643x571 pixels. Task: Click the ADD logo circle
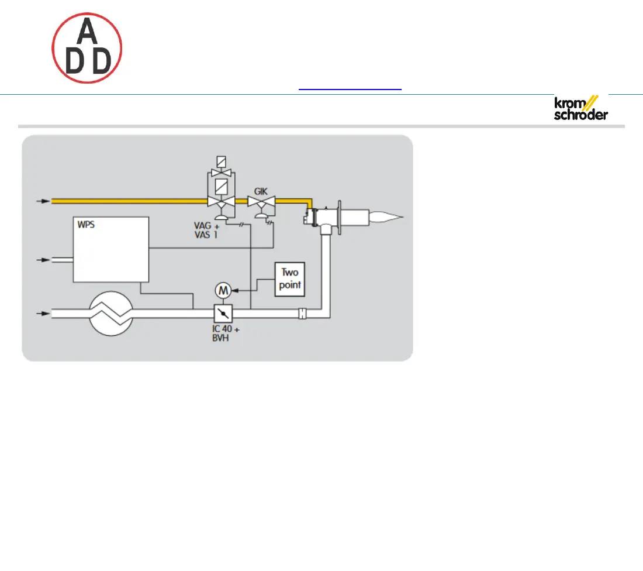[87, 48]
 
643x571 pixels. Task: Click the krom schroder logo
[580, 108]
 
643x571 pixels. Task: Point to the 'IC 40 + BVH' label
[226, 333]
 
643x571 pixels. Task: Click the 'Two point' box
[290, 280]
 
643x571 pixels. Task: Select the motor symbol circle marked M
[222, 290]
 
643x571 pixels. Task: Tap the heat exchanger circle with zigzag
[111, 314]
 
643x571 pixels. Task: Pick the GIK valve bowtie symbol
[261, 202]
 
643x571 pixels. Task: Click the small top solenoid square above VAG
[222, 161]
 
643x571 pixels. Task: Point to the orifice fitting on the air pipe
[302, 314]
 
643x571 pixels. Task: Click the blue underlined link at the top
[350, 89]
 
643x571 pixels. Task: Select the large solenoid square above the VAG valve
[222, 186]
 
